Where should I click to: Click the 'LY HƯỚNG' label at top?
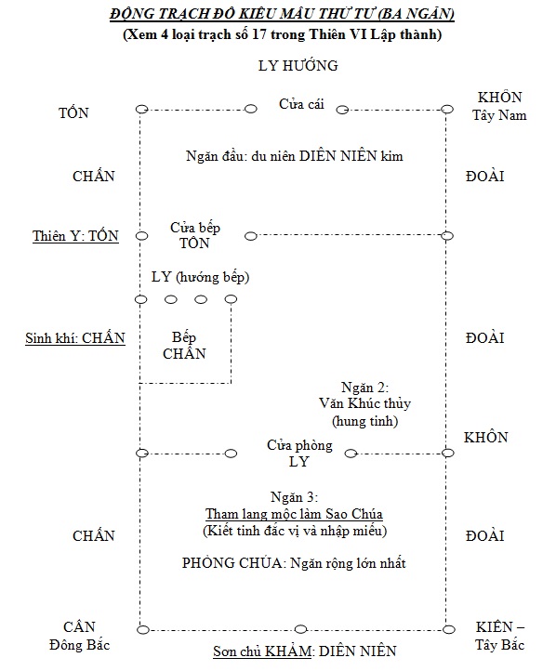tap(298, 65)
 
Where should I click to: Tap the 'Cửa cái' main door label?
tap(301, 104)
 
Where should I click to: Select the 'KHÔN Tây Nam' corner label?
tap(499, 106)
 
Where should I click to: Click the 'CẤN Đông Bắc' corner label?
tap(79, 636)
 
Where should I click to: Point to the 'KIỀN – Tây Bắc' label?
tap(500, 636)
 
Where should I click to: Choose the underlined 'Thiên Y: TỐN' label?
tap(75, 236)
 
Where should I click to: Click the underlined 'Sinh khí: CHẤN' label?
tap(75, 338)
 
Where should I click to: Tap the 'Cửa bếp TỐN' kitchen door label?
tap(195, 235)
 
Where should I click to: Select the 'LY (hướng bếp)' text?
tap(200, 277)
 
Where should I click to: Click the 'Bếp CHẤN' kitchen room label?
tap(184, 346)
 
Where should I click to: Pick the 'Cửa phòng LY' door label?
tap(299, 454)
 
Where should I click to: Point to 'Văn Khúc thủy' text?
tap(364, 403)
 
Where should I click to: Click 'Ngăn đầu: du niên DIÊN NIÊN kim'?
tap(295, 156)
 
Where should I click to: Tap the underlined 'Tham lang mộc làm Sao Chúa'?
tap(294, 514)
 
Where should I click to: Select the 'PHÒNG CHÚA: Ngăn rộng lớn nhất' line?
tap(294, 563)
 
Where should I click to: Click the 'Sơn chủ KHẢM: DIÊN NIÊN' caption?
tap(305, 651)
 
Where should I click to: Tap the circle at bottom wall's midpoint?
tap(301, 629)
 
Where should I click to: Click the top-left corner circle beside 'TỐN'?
tap(141, 109)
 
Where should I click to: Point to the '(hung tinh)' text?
tap(365, 421)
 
